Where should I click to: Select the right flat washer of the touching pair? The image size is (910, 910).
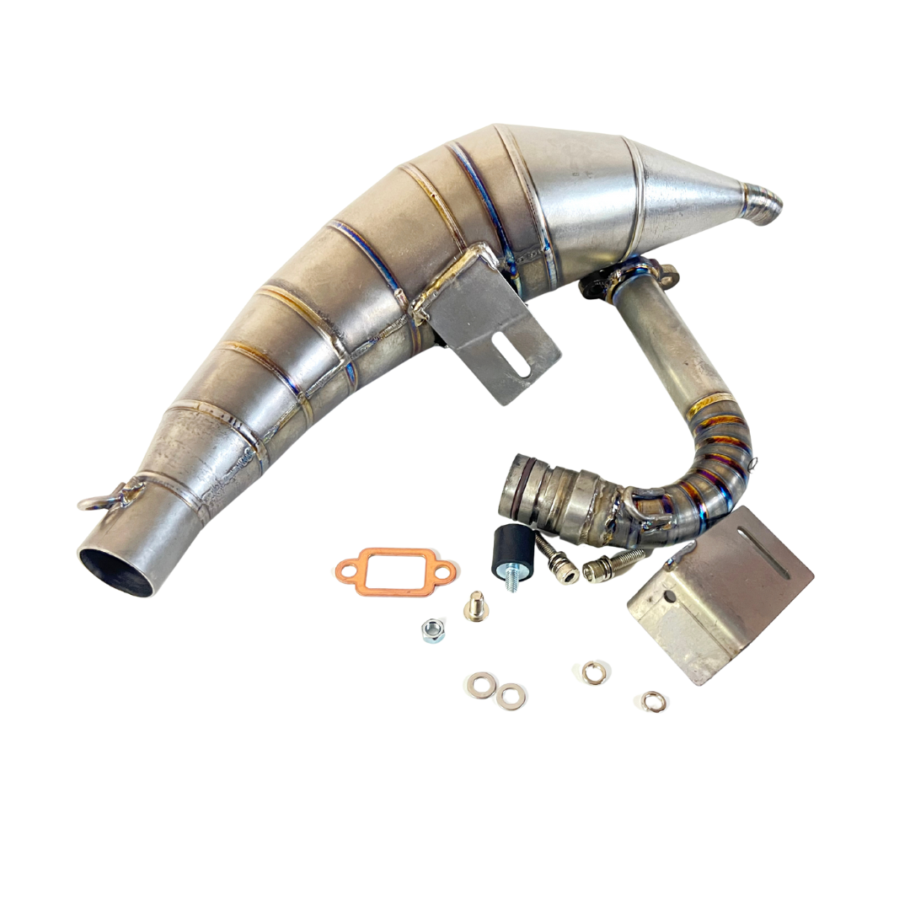point(511,695)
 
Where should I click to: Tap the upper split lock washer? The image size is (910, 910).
point(591,671)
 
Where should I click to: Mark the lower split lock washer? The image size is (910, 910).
point(651,700)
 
